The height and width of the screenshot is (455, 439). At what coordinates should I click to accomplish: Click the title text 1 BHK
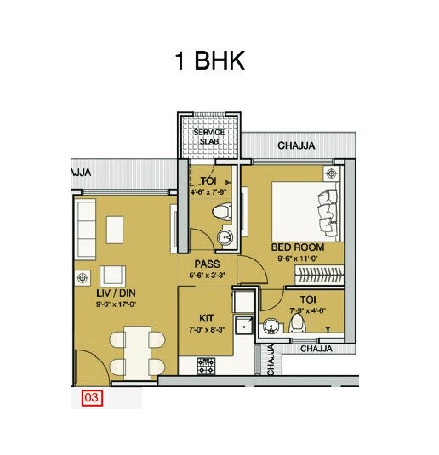[x=209, y=62]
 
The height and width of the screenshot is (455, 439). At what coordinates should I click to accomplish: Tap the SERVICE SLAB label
[x=208, y=137]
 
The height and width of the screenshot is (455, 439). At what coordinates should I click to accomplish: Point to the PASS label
[x=207, y=264]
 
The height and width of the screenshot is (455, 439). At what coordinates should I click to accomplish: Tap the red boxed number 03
[x=91, y=396]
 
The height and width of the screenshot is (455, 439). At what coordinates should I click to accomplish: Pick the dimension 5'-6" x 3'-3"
[x=207, y=276]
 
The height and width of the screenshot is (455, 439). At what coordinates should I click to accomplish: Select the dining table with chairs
[x=136, y=351]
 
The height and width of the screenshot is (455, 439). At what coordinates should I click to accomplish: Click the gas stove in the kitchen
[x=207, y=366]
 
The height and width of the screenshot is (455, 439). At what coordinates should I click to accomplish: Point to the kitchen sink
[x=242, y=325]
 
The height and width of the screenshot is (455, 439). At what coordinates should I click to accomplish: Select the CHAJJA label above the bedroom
[x=296, y=146]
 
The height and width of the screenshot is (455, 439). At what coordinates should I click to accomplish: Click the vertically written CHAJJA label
[x=271, y=359]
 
